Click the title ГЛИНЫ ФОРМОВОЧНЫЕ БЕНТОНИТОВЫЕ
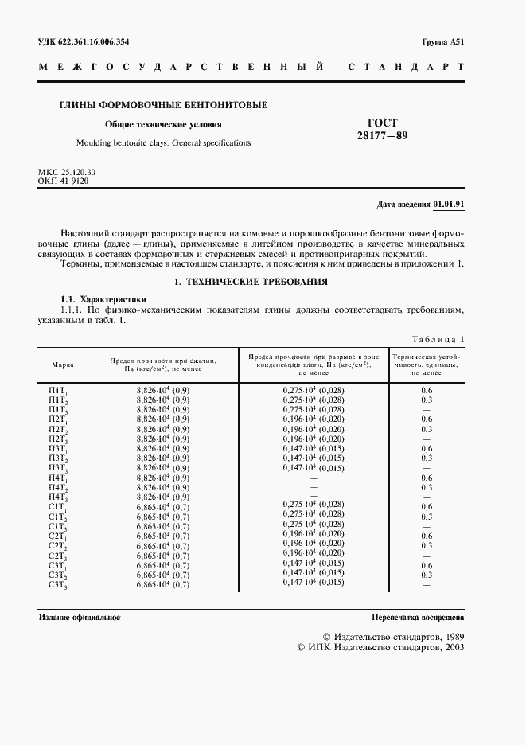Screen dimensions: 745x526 click(x=164, y=105)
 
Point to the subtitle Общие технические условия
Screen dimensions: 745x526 click(x=164, y=124)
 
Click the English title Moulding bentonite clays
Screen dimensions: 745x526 click(x=163, y=142)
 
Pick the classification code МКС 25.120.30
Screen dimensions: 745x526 click(x=67, y=173)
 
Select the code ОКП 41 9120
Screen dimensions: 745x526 click(x=63, y=181)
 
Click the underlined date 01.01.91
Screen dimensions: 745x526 click(x=449, y=204)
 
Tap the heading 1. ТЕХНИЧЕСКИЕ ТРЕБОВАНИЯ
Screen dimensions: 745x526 click(x=251, y=282)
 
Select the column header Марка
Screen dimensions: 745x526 click(x=63, y=365)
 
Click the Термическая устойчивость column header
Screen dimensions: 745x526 click(x=427, y=364)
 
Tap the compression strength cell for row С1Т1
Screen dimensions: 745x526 click(x=162, y=506)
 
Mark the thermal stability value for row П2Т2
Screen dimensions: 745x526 click(x=427, y=428)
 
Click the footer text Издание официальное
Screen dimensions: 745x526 click(x=80, y=618)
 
